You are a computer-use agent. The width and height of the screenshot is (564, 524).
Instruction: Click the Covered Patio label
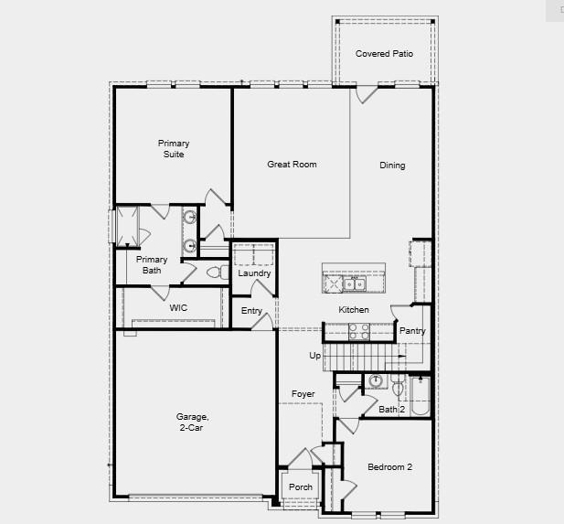(x=384, y=54)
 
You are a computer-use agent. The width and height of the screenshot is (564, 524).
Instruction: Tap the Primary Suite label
(x=173, y=149)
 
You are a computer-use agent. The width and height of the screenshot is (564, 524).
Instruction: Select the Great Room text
(x=292, y=165)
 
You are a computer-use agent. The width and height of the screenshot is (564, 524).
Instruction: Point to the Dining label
(x=392, y=166)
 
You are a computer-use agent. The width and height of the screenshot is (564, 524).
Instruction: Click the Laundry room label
(x=253, y=273)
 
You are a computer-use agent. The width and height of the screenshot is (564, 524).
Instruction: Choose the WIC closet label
(x=178, y=308)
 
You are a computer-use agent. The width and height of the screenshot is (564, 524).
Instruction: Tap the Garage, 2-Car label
(x=192, y=422)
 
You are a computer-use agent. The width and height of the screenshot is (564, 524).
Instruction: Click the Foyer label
(x=303, y=394)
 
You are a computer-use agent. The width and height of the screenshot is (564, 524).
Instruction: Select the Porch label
(x=301, y=487)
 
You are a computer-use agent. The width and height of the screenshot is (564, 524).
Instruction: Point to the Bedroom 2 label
(x=389, y=467)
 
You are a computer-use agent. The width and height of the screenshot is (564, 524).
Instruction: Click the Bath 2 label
(x=392, y=410)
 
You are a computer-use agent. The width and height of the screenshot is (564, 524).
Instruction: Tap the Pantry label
(x=412, y=331)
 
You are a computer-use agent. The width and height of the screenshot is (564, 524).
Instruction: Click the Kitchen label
(x=354, y=310)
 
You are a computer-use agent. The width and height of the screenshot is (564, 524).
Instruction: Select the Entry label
(x=251, y=311)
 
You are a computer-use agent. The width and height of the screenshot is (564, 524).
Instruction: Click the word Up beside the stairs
(x=314, y=356)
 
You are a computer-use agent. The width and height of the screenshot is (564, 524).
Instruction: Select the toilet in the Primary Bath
(x=215, y=273)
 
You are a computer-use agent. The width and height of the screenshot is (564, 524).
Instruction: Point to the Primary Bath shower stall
(x=127, y=225)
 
